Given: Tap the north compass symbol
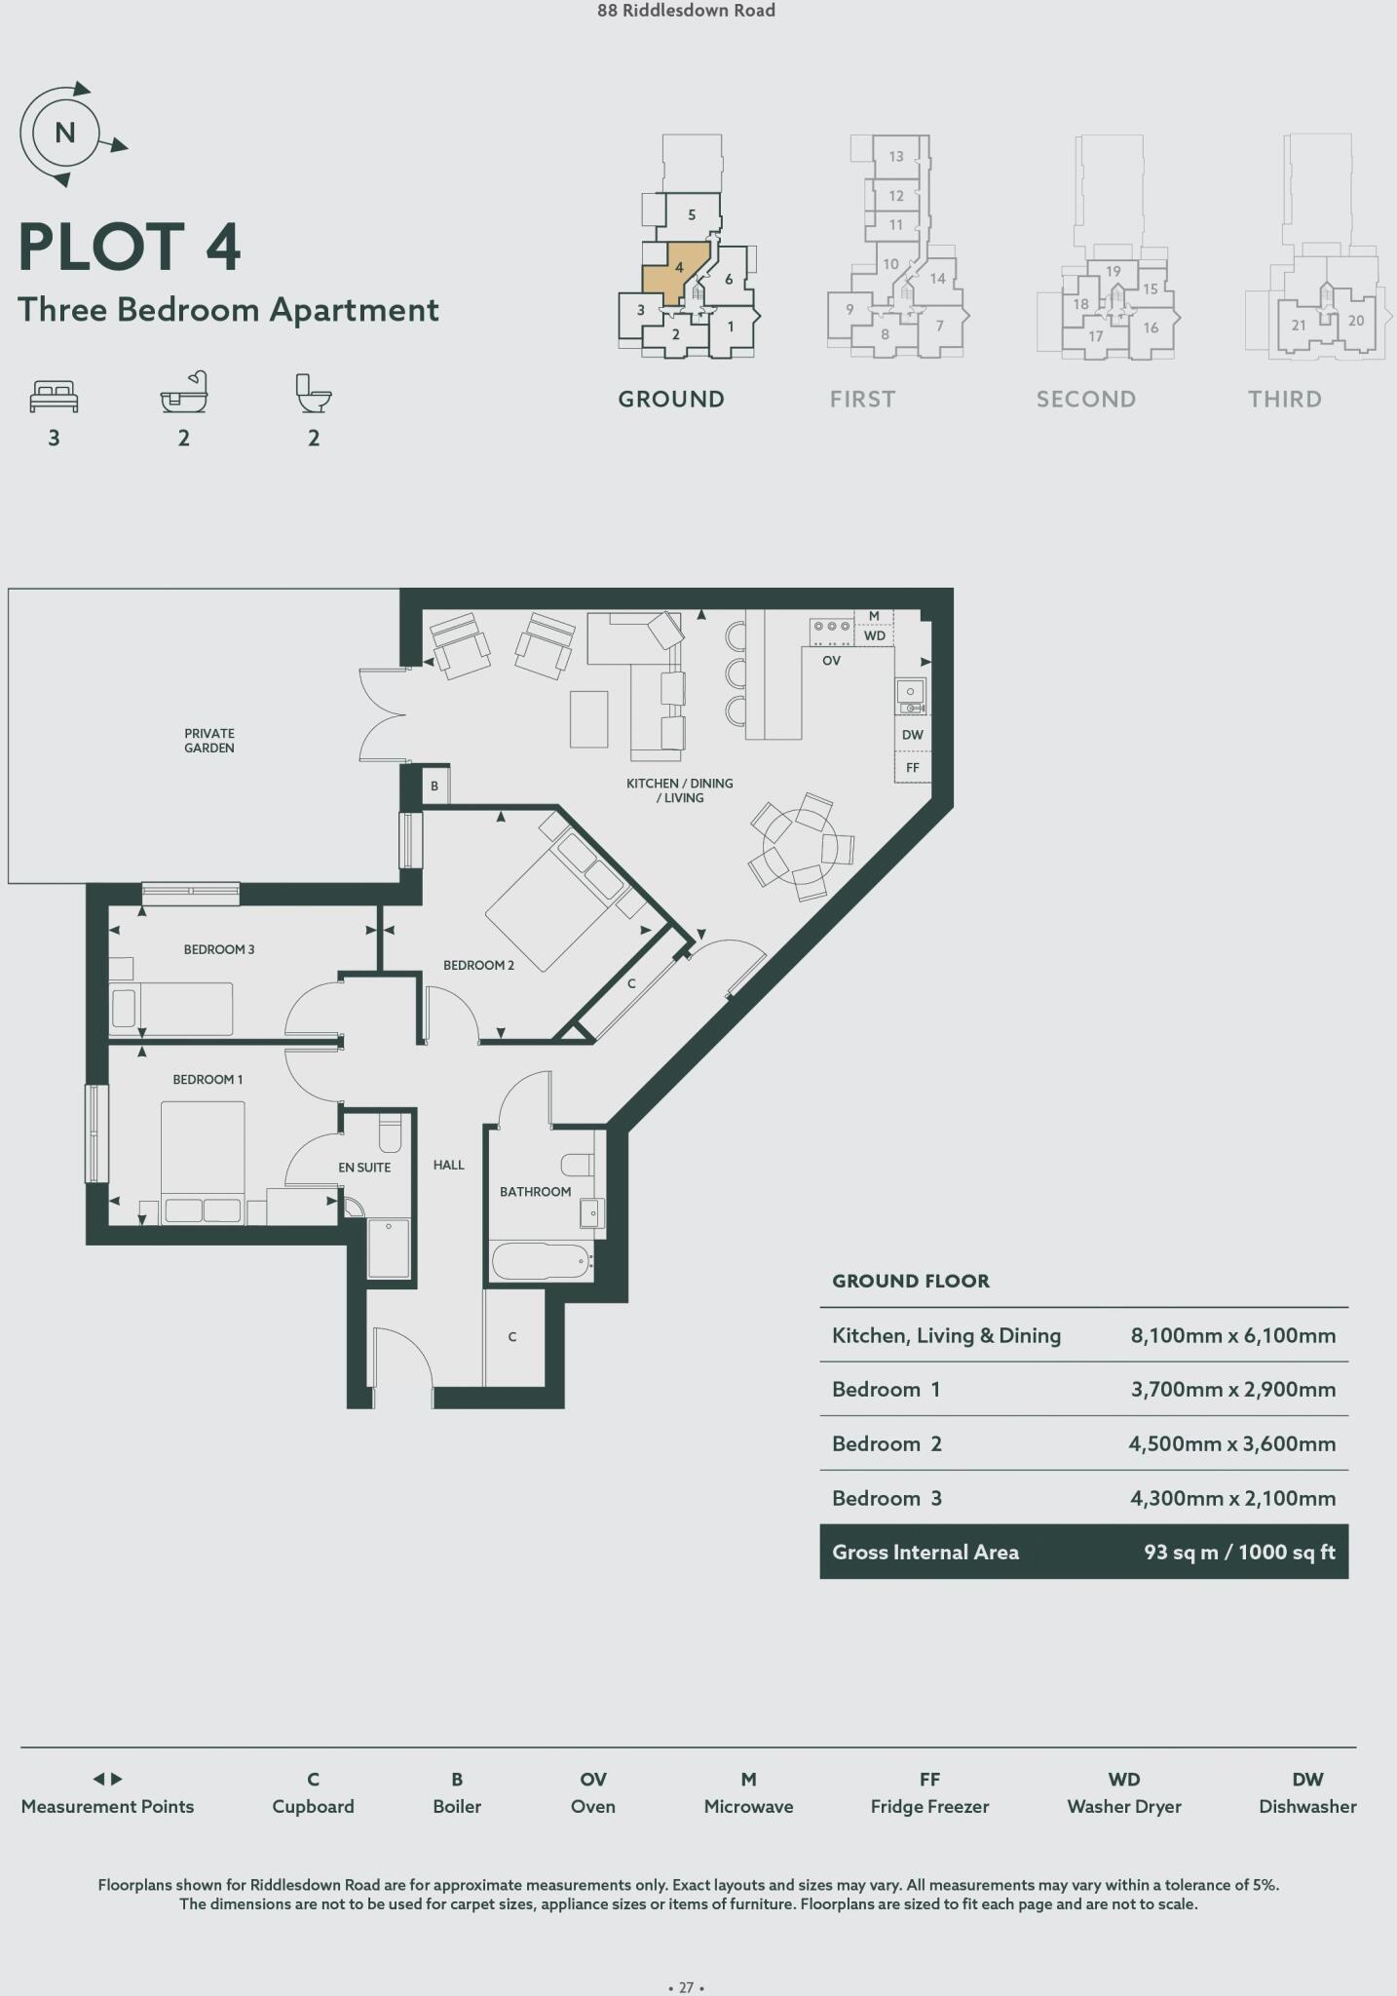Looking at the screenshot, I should click(x=64, y=133).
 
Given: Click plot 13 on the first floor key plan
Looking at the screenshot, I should click(x=896, y=156).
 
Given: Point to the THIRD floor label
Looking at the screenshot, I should click(x=1284, y=399).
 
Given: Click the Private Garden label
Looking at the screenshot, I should click(x=209, y=741).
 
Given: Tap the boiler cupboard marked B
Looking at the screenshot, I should click(x=434, y=786).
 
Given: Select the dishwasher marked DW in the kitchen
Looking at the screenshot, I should click(x=912, y=735).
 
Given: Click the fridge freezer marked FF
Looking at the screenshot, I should click(x=912, y=768).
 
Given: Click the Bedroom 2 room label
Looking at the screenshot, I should click(x=478, y=965).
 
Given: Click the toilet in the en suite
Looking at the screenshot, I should click(x=390, y=1134).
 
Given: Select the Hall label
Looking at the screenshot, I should click(x=449, y=1165).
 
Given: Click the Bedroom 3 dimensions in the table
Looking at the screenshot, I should click(x=1232, y=1498).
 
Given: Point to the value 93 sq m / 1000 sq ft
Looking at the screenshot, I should click(x=1239, y=1553).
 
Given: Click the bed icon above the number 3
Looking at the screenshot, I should click(x=55, y=396).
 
